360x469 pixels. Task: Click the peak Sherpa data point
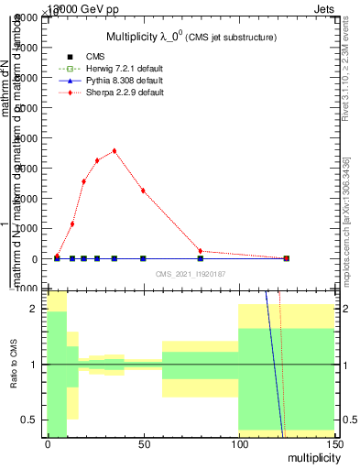coord(114,151)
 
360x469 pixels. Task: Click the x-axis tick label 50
coord(143,444)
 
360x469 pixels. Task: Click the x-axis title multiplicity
coord(310,456)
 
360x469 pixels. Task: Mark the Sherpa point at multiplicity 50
coord(143,191)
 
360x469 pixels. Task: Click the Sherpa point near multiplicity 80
coord(200,251)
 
